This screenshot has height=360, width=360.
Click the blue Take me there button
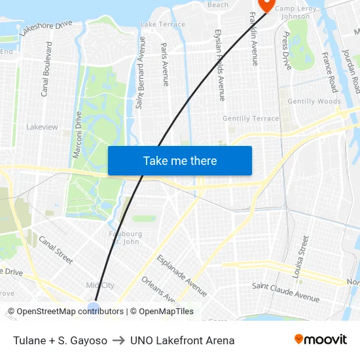point(179,160)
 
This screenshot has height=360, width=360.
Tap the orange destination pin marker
point(266,5)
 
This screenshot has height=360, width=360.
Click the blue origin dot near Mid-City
point(94,307)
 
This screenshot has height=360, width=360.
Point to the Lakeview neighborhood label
point(42,126)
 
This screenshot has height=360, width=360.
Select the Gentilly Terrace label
point(251,118)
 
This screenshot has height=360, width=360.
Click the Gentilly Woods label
point(314,101)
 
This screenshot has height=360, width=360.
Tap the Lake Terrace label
point(163,24)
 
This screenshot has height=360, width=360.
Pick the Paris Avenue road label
point(164,64)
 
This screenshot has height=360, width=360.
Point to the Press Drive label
point(287,51)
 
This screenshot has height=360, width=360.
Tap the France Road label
point(329,73)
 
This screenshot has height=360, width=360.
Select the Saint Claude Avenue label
point(286,292)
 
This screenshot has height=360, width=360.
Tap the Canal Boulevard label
point(46,69)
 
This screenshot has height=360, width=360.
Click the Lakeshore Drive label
point(46,27)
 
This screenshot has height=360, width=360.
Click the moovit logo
point(321,340)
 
